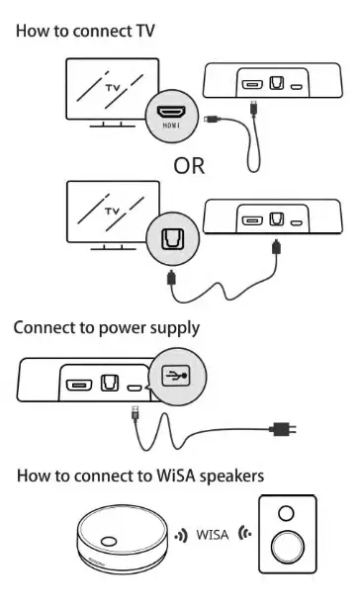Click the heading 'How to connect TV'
84,31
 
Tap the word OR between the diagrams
190,165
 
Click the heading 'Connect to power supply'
107,327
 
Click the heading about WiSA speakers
140,477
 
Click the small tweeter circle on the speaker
285,515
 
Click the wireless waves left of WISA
179,535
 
